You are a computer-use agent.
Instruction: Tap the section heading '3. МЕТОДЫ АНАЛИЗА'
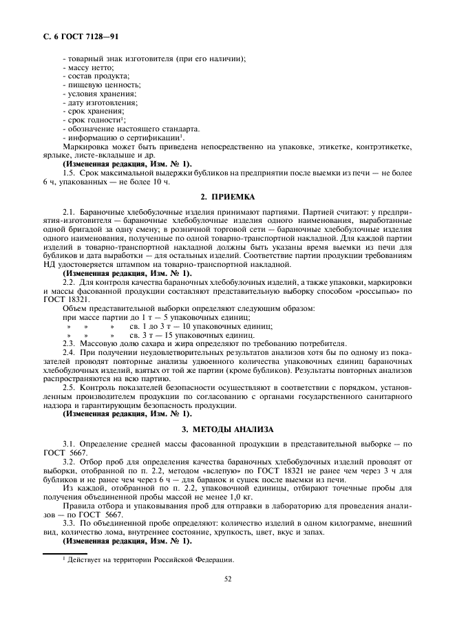[226, 429]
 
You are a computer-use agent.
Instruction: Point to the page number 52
[226, 579]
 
